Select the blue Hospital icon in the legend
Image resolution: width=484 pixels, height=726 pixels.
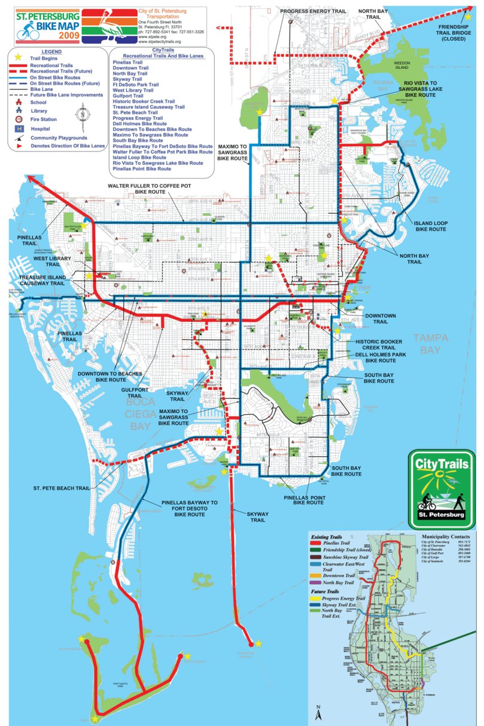(20, 128)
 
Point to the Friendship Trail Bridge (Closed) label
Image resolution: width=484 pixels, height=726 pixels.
(458, 33)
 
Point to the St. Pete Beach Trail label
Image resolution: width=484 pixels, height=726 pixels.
(62, 488)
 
